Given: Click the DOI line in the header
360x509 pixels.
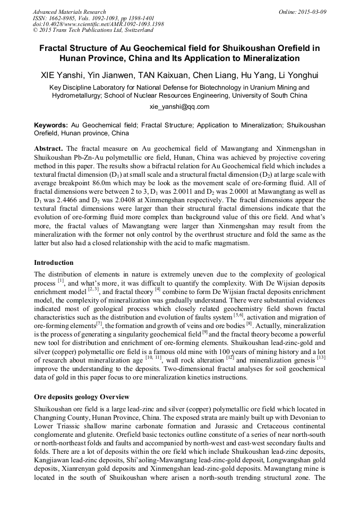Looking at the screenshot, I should tap(98, 24).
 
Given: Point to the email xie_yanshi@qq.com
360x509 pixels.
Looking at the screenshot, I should tap(180, 106).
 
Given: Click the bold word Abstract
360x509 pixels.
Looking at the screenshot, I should tap(48, 149).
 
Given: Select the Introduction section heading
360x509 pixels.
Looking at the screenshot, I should tap(54, 263).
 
